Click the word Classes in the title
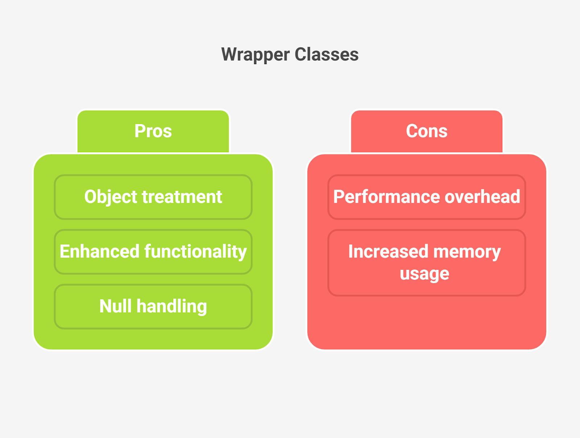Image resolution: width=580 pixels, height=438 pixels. [x=326, y=54]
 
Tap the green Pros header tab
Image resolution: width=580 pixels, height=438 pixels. [x=153, y=131]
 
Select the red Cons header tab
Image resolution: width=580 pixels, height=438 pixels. [x=426, y=131]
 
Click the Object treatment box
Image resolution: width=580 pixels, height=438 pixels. [x=153, y=197]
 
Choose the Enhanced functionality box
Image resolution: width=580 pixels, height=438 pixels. [x=153, y=252]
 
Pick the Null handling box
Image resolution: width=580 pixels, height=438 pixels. [x=153, y=306]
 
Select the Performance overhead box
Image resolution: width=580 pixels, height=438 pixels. [x=426, y=197]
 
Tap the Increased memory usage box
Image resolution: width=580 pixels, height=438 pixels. [x=426, y=263]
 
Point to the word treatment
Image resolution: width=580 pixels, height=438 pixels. [x=182, y=197]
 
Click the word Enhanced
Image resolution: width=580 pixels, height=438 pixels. [x=99, y=251]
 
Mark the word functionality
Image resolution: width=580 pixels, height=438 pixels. [x=195, y=252]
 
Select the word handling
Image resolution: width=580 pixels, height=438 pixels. [x=172, y=307]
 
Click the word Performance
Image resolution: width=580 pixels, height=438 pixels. [x=386, y=197]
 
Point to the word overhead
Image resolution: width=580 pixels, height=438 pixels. [x=482, y=197]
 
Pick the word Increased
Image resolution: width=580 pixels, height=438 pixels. [x=388, y=251]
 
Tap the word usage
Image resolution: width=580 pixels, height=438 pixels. [x=424, y=274]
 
